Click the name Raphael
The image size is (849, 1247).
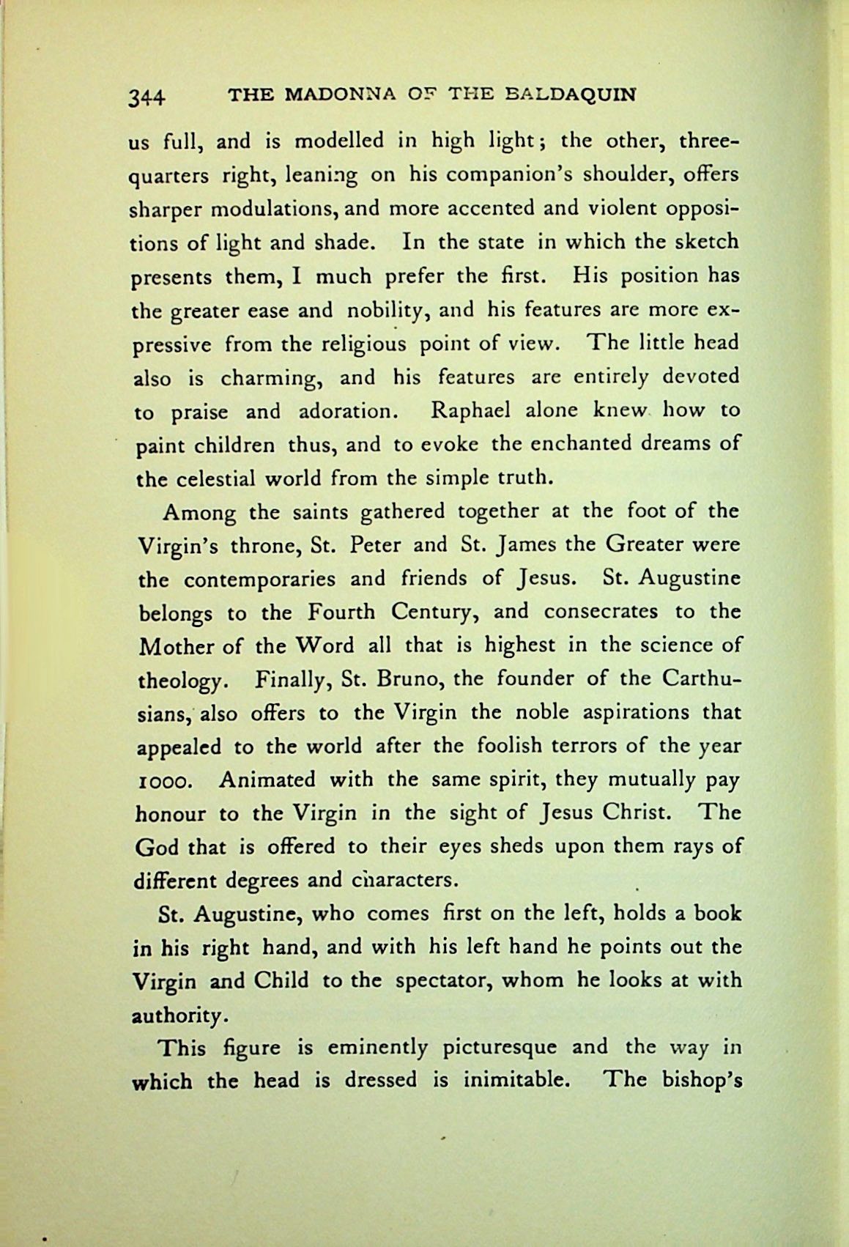click(x=470, y=410)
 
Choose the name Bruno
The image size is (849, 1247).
click(x=407, y=678)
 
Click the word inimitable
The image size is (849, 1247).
click(x=509, y=1081)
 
